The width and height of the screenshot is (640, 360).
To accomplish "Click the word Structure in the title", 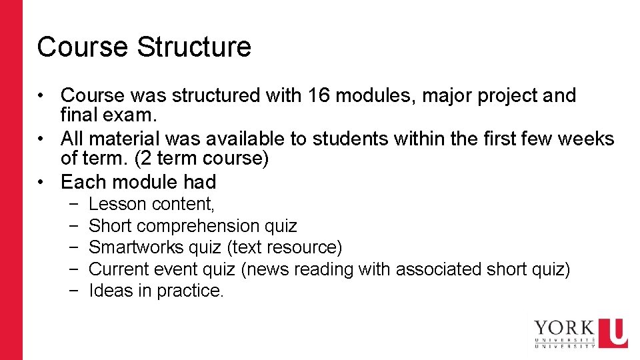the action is tap(194, 47).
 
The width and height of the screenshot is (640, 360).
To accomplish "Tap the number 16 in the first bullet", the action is tap(319, 95).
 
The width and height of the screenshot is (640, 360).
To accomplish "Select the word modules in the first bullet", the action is tap(375, 95).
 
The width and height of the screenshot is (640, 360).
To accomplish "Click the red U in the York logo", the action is tap(613, 333).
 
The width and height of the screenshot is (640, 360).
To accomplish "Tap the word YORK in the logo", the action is tap(565, 327).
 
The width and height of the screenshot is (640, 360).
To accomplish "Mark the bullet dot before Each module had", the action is tap(40, 183).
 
